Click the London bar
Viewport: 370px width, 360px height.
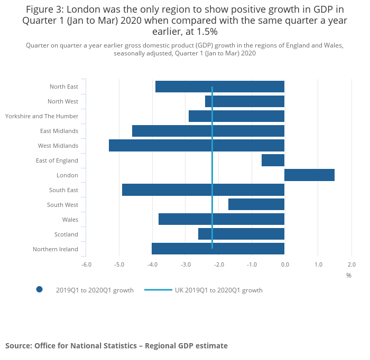pyautogui.click(x=309, y=175)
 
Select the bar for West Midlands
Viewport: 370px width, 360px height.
pyautogui.click(x=197, y=146)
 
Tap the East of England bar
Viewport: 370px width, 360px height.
pyautogui.click(x=273, y=160)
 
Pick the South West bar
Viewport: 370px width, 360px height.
pyautogui.click(x=256, y=205)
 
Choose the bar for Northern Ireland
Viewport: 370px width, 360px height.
pyautogui.click(x=218, y=249)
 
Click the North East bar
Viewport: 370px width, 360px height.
pyautogui.click(x=220, y=87)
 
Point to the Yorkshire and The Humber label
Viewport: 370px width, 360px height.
pyautogui.click(x=42, y=116)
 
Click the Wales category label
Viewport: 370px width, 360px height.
pyautogui.click(x=70, y=220)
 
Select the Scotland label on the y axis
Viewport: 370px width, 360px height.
pyautogui.click(x=66, y=234)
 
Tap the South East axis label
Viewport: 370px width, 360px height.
pyautogui.click(x=63, y=190)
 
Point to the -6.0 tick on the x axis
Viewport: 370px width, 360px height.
pyautogui.click(x=86, y=264)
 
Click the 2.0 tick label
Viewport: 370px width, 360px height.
pyautogui.click(x=351, y=264)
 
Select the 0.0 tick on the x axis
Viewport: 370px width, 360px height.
pyautogui.click(x=284, y=264)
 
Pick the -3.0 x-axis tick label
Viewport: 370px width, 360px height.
pyautogui.click(x=186, y=264)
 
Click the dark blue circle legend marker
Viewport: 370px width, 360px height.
pyautogui.click(x=39, y=289)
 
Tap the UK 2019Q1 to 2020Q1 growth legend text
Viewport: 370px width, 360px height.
pyautogui.click(x=219, y=290)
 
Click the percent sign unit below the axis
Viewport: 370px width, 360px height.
pyautogui.click(x=349, y=276)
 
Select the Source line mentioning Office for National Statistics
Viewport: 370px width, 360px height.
pyautogui.click(x=116, y=346)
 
